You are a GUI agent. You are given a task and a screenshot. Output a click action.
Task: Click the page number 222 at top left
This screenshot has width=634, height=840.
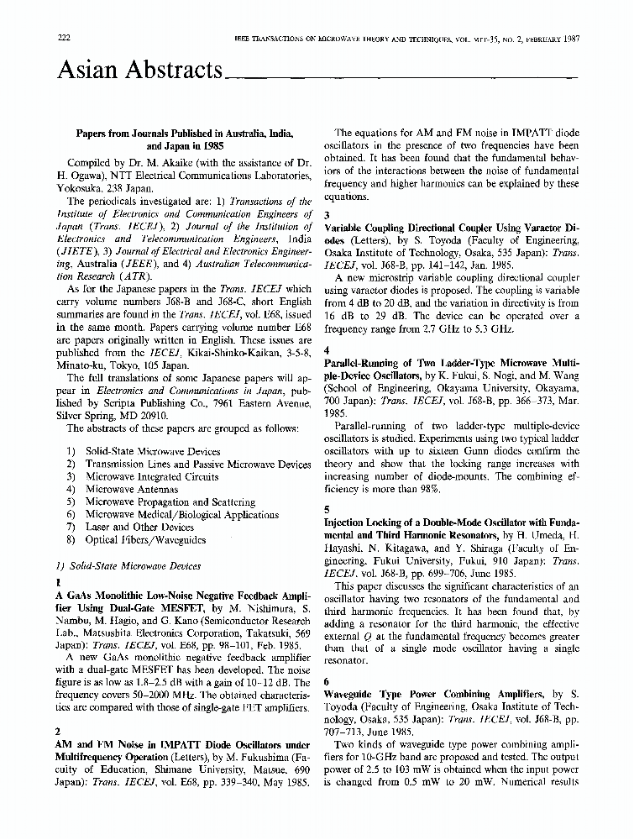coord(63,39)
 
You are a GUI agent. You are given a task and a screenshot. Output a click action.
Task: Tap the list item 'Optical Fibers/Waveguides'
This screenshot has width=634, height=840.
coord(145,540)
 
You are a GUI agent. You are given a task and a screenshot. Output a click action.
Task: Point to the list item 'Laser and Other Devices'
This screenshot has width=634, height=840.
coord(139,528)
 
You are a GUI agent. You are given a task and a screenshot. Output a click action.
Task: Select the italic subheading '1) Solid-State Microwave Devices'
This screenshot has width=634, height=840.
coord(128,566)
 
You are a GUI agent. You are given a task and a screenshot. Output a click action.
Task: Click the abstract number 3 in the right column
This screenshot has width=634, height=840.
coord(327,215)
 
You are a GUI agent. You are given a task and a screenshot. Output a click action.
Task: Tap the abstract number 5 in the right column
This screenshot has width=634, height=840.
coord(327,510)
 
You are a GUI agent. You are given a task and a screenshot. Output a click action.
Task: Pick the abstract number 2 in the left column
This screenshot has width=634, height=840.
coord(57,732)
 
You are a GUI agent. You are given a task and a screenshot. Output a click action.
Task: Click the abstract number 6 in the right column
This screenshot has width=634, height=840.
coord(327,682)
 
